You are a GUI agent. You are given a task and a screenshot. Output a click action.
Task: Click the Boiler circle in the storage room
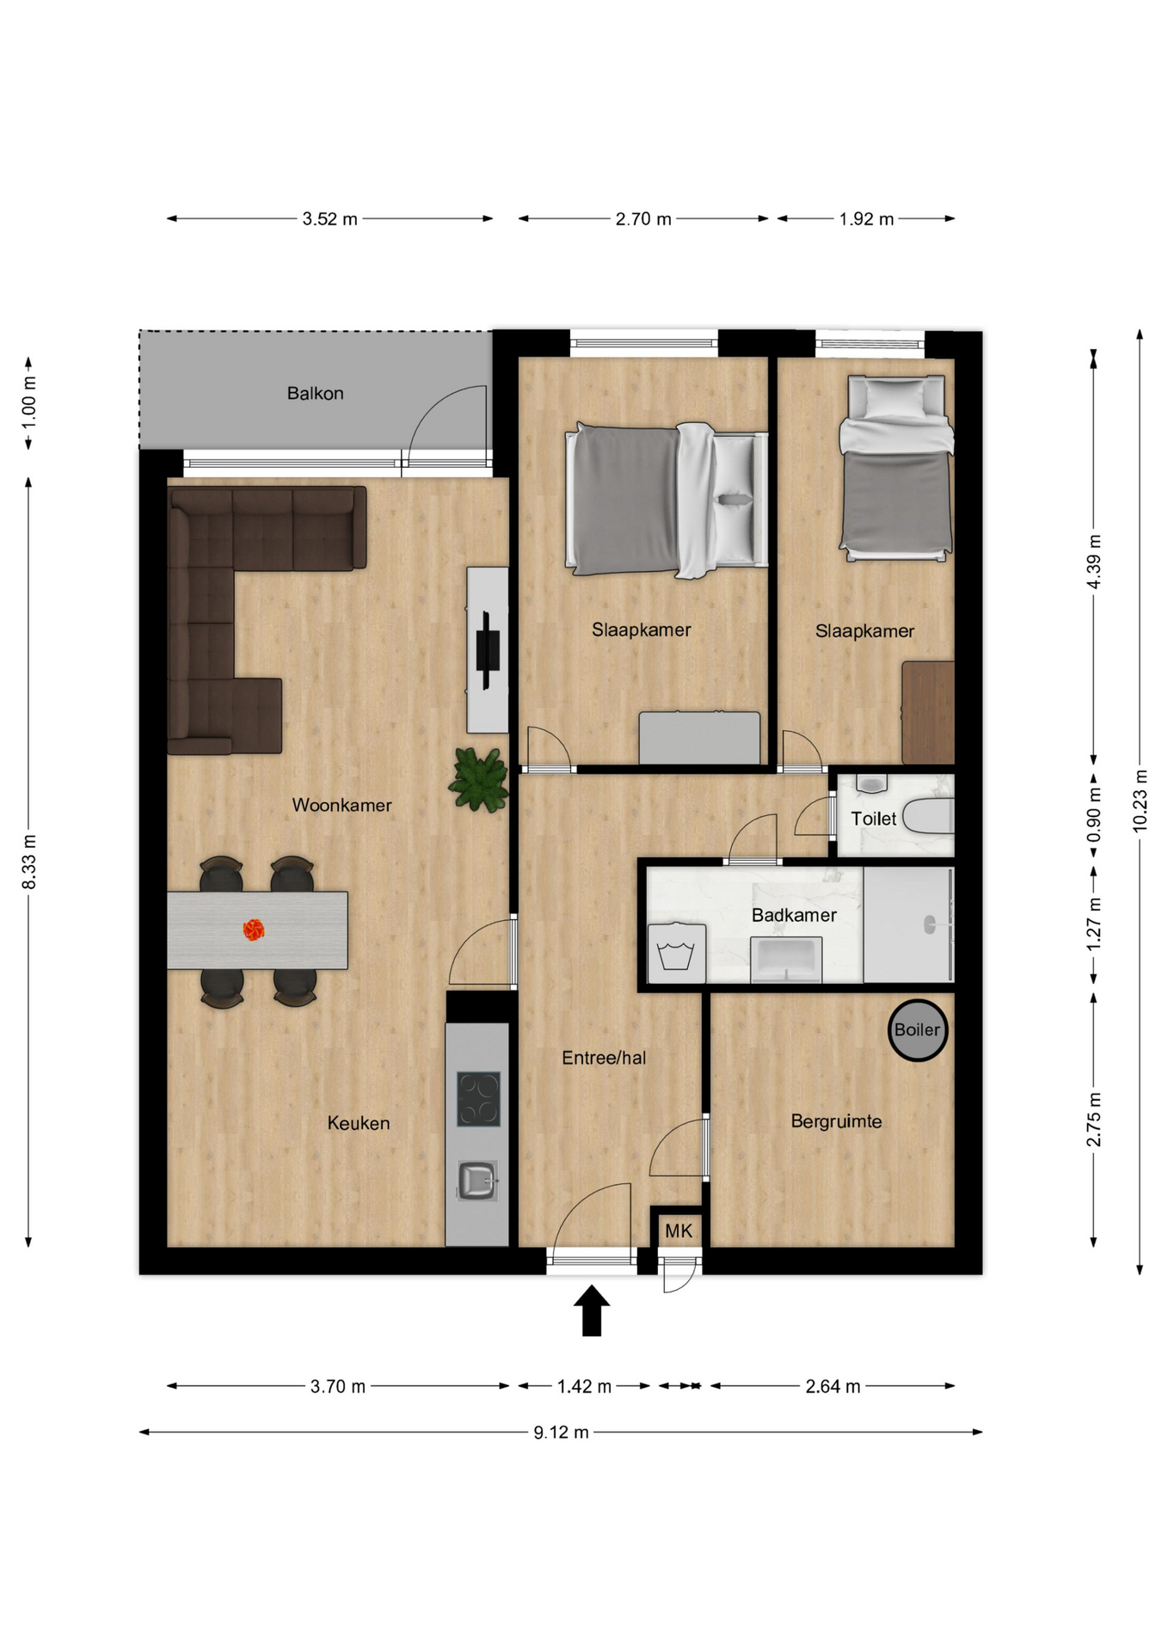tap(918, 1030)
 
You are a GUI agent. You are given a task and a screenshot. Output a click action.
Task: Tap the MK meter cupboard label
tap(679, 1231)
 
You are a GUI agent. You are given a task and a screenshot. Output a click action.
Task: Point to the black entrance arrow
tap(592, 1310)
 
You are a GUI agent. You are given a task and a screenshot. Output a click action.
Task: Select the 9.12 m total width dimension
tap(561, 1433)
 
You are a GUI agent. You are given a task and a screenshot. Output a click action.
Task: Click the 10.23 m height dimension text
tap(1140, 800)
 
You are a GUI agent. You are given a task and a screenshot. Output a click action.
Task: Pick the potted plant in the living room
tap(478, 779)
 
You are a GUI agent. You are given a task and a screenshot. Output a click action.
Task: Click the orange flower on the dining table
tap(253, 930)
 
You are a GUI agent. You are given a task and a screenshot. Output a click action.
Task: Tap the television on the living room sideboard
tap(488, 650)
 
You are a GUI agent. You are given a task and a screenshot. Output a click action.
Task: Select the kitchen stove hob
tap(478, 1098)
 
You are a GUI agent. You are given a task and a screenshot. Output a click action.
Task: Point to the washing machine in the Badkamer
tap(677, 953)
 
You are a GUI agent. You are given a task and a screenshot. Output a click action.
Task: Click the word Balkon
tap(316, 394)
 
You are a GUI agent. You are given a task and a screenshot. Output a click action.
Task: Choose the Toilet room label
tap(874, 819)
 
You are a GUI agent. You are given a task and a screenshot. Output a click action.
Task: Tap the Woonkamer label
tap(341, 806)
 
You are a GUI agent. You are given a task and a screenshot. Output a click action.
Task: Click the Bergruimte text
tap(836, 1121)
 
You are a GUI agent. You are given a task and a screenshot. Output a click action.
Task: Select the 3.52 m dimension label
tap(329, 219)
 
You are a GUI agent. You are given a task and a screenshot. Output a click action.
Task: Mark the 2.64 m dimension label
tap(833, 1386)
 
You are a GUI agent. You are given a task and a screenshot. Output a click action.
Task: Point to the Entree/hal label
tap(604, 1059)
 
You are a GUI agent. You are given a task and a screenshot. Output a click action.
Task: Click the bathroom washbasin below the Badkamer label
tap(786, 960)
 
